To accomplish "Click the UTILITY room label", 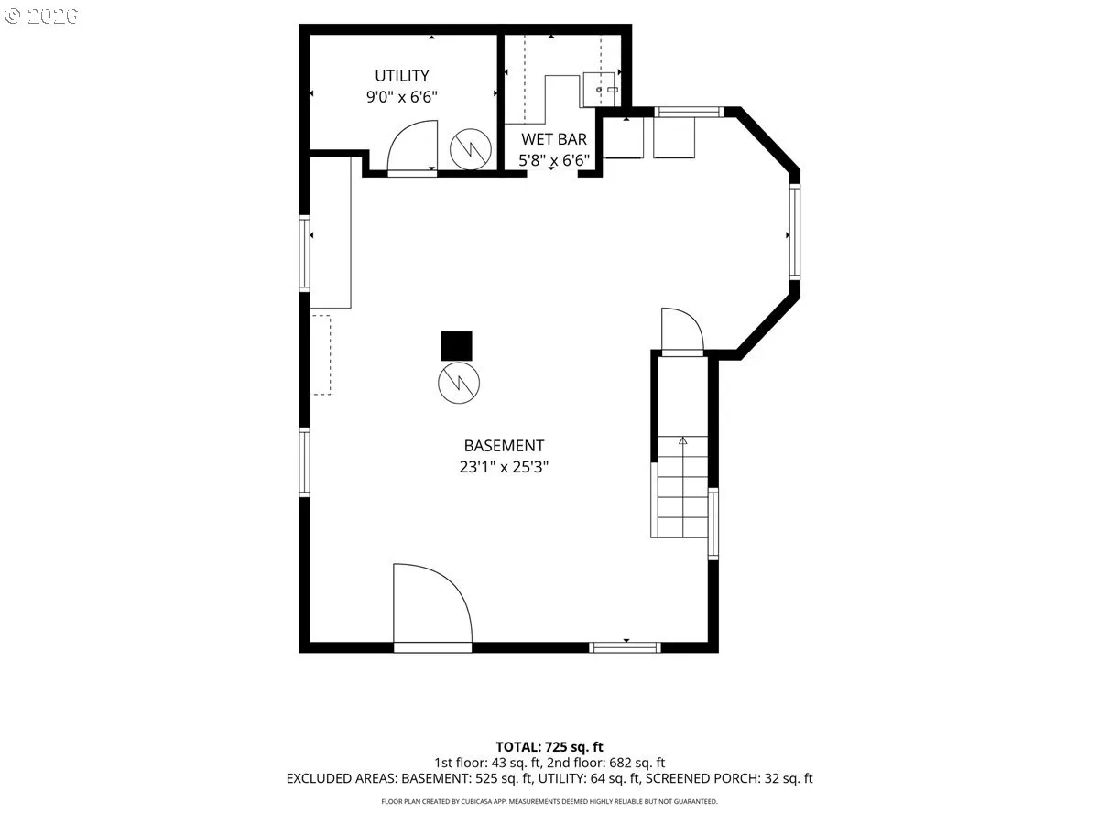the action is click(x=401, y=76).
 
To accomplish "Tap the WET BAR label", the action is click(x=554, y=139).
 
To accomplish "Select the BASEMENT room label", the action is click(x=504, y=445).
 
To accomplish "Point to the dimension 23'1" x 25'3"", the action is click(x=504, y=467).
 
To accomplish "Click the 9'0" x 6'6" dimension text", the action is click(x=401, y=96).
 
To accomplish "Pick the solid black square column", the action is click(x=456, y=346).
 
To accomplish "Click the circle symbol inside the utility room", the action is click(x=470, y=149).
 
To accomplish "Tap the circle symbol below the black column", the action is click(x=459, y=384).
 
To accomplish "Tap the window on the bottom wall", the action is click(x=625, y=647).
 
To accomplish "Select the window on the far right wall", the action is click(x=795, y=232).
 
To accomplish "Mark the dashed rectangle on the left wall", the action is click(x=321, y=354).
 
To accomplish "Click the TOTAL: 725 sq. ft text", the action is click(x=549, y=747).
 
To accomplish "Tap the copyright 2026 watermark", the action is click(x=41, y=16).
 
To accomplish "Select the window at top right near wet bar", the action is click(x=689, y=112).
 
